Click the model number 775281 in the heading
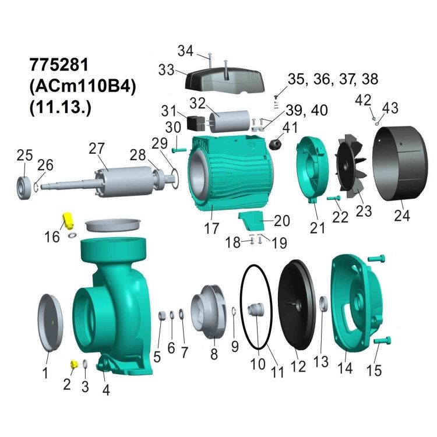coord(59,64)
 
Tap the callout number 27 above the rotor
coord(96,149)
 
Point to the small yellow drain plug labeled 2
coord(74,364)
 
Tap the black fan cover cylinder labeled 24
coord(400,164)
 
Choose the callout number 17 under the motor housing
coord(212,228)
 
